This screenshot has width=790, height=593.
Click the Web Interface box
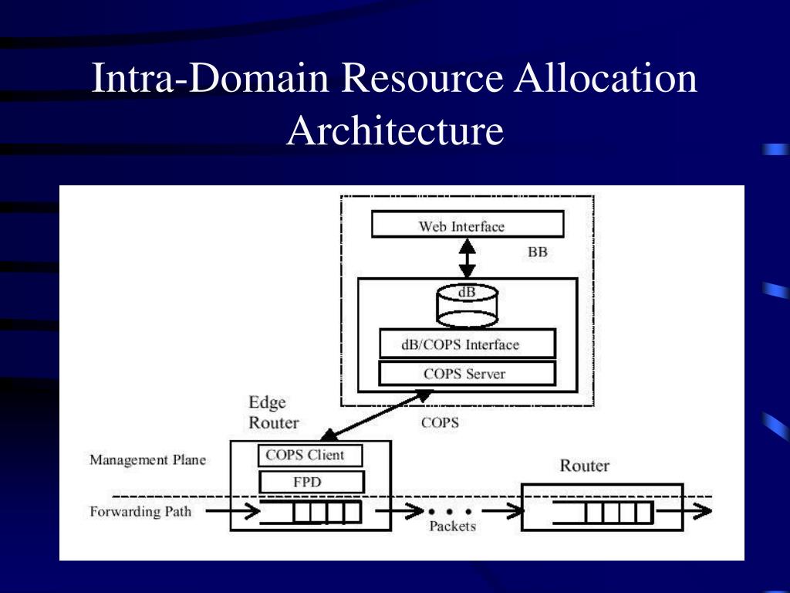[x=467, y=225]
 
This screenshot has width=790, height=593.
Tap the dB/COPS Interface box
[x=467, y=344]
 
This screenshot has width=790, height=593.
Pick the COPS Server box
[x=467, y=374]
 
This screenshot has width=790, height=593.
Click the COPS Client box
[x=310, y=456]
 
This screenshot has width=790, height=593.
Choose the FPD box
[x=310, y=483]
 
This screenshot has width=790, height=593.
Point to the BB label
[x=537, y=252]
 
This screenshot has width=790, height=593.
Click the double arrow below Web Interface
[x=467, y=258]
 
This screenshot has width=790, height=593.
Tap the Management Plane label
[x=147, y=460]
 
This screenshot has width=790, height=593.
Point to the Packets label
[x=452, y=527]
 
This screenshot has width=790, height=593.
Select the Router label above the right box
[x=584, y=466]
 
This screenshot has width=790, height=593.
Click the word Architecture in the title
[x=395, y=130]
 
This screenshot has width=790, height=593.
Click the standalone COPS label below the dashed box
[x=440, y=423]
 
